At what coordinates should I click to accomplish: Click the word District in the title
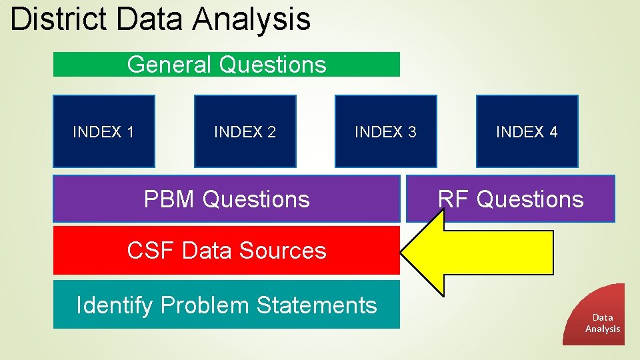click(x=58, y=19)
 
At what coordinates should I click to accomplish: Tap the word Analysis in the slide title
click(x=251, y=19)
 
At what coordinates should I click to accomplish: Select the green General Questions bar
click(x=227, y=65)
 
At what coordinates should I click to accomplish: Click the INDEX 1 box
click(x=103, y=131)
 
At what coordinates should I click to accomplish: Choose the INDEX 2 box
click(x=245, y=131)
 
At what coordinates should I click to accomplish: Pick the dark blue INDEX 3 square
click(x=385, y=131)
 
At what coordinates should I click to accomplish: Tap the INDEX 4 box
click(x=527, y=131)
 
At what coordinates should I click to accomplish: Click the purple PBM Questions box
click(x=227, y=199)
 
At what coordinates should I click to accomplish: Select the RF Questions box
click(x=511, y=199)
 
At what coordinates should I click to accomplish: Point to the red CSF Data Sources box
click(x=227, y=251)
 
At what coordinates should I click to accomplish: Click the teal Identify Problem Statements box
click(x=227, y=305)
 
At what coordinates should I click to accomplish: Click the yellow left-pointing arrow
click(x=480, y=252)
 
